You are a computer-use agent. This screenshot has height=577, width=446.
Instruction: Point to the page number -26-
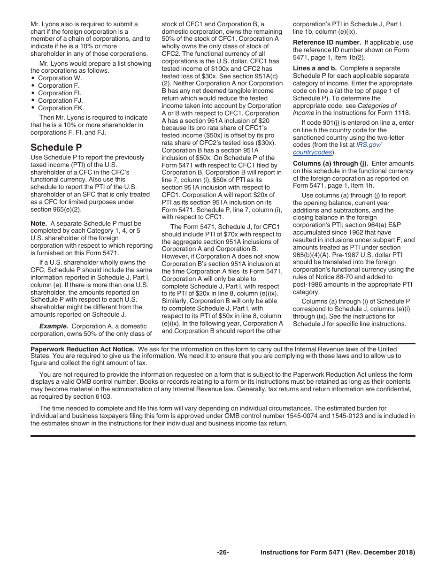click(223, 552)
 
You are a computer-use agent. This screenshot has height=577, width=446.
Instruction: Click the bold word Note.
click(38, 223)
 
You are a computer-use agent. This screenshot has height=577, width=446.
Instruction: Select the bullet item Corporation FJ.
click(60, 100)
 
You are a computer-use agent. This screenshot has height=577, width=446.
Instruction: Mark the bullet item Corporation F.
click(59, 85)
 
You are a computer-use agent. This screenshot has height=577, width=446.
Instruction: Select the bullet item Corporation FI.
click(60, 93)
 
